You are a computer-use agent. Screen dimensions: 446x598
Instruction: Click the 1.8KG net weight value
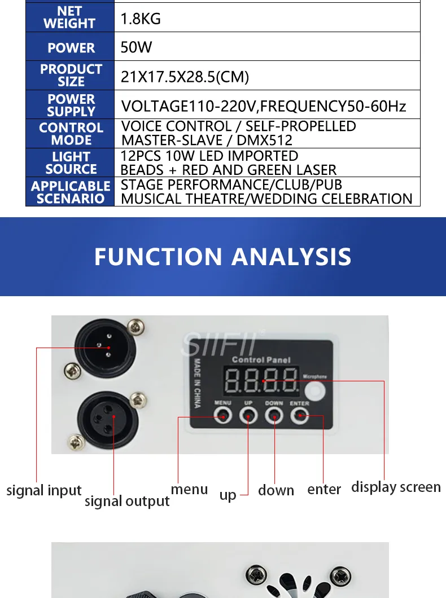[x=141, y=19]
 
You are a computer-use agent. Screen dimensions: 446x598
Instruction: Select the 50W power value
[x=136, y=47]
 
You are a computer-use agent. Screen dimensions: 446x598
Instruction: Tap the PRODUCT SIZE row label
[x=71, y=75]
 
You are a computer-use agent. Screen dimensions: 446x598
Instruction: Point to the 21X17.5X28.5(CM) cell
[x=185, y=77]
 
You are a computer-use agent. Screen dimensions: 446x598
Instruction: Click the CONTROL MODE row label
[x=71, y=134]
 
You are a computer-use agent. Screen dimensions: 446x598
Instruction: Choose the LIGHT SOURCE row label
[x=71, y=163]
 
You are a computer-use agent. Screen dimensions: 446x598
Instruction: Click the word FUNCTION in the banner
[x=158, y=256]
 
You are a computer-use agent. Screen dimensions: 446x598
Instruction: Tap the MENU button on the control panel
[x=223, y=415]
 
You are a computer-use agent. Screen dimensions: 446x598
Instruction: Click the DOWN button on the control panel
[x=274, y=415]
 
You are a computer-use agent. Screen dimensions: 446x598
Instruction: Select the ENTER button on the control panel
[x=300, y=415]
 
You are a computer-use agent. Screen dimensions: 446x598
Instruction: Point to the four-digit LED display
[x=262, y=380]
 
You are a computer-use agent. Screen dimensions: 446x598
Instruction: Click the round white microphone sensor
[x=315, y=392]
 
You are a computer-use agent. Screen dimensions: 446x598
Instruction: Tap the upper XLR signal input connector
[x=106, y=347]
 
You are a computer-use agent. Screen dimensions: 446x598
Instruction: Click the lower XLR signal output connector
[x=108, y=419]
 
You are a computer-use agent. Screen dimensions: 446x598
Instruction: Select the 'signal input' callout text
[x=44, y=490]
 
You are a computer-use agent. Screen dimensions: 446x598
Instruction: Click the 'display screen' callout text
[x=396, y=487]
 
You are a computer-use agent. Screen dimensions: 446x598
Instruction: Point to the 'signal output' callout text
[x=127, y=501]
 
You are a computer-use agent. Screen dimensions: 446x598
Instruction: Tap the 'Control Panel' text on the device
[x=261, y=359]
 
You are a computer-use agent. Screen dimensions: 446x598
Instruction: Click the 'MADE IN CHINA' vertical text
[x=197, y=383]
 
